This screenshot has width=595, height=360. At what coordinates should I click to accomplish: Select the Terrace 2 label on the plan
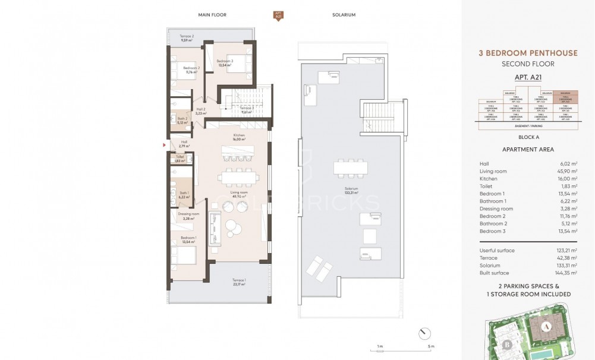[x=187, y=39]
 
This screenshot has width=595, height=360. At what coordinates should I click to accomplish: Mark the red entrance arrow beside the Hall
[x=165, y=144]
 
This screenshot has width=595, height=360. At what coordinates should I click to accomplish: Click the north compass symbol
[x=422, y=331]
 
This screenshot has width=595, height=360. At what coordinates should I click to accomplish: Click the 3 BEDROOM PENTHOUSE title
[x=528, y=53]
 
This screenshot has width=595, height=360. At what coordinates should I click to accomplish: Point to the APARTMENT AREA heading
[x=528, y=150]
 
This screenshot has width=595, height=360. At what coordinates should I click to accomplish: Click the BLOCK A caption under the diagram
[x=528, y=136]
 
